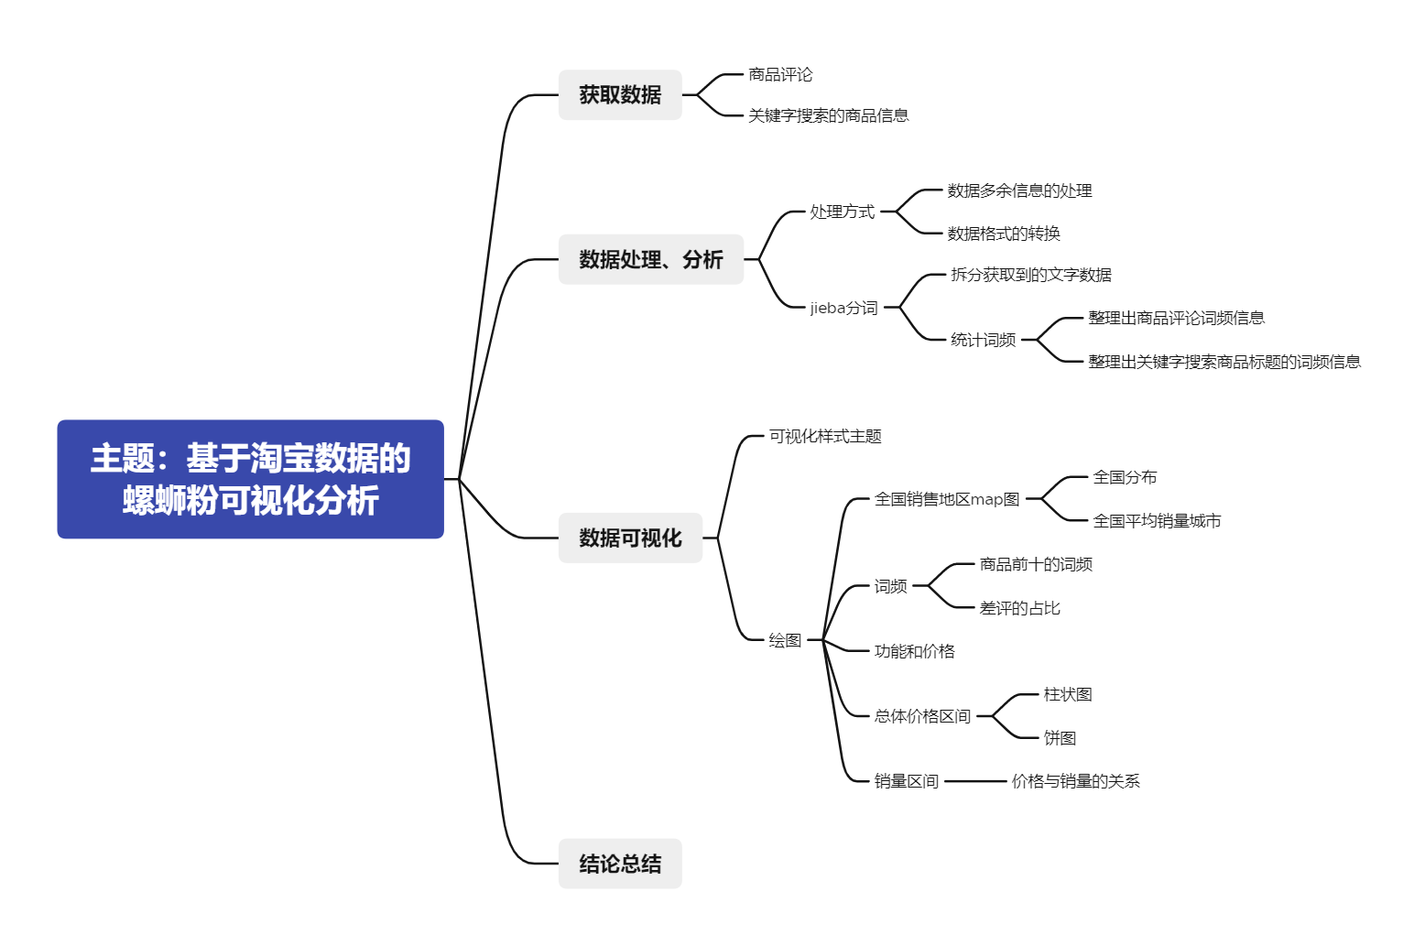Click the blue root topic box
coord(250,479)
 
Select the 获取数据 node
coord(620,94)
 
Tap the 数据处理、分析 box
coord(650,259)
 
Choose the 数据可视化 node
coord(630,538)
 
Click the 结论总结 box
coord(620,864)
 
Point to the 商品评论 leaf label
coord(780,74)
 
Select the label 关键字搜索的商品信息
coord(828,115)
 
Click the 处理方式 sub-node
coord(842,212)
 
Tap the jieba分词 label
coord(843,308)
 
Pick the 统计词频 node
coord(983,340)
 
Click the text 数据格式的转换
coord(1003,234)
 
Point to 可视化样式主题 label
coord(824,436)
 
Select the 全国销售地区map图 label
coord(946,499)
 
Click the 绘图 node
coord(785,640)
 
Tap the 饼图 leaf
coord(1060,738)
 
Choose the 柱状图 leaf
coord(1067,694)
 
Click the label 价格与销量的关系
coord(1075,781)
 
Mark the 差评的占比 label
coord(1019,608)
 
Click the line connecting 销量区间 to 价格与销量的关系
coord(975,781)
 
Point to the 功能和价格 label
coord(914,651)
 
